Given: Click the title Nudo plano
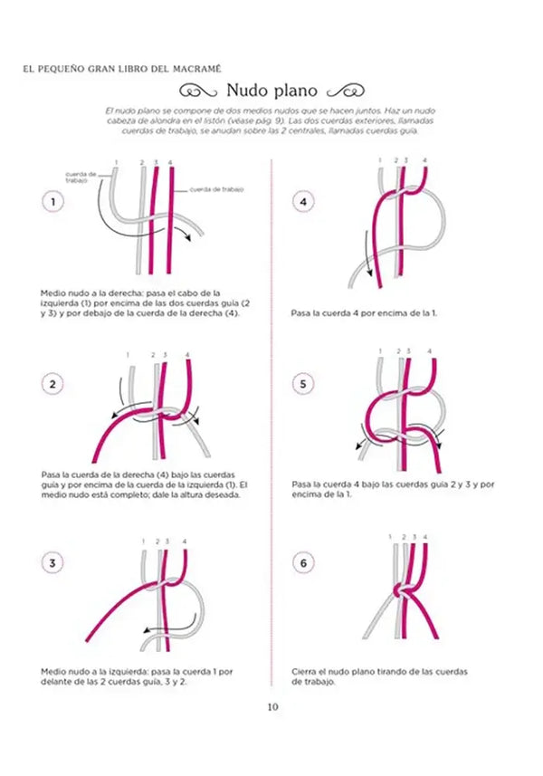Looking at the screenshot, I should click(271, 90).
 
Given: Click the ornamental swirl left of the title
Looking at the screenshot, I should click(198, 90).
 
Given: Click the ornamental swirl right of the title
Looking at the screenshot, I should click(345, 90).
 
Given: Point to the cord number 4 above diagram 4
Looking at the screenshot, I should click(424, 160).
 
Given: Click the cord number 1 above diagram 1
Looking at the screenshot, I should click(116, 163).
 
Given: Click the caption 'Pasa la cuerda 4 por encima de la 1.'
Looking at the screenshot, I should click(364, 313).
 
